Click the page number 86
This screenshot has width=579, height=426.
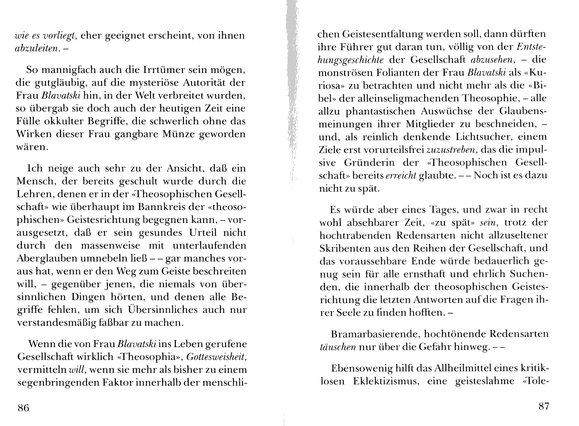tap(23, 408)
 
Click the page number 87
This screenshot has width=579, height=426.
tap(544, 406)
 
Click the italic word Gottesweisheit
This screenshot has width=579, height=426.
tap(216, 357)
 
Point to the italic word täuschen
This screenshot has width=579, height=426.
tap(338, 347)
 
